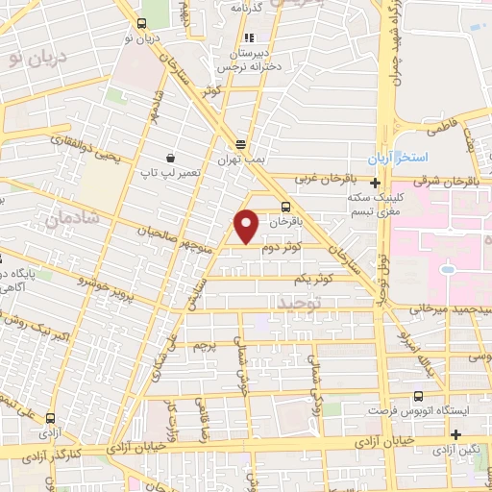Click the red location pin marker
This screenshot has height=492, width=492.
tap(248, 226)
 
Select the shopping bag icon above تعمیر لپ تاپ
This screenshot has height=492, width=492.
tap(170, 157)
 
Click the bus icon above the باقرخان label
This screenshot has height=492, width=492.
tap(285, 207)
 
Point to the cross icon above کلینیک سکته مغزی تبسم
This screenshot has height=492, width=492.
tap(375, 181)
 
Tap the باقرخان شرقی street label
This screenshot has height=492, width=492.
tap(451, 179)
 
